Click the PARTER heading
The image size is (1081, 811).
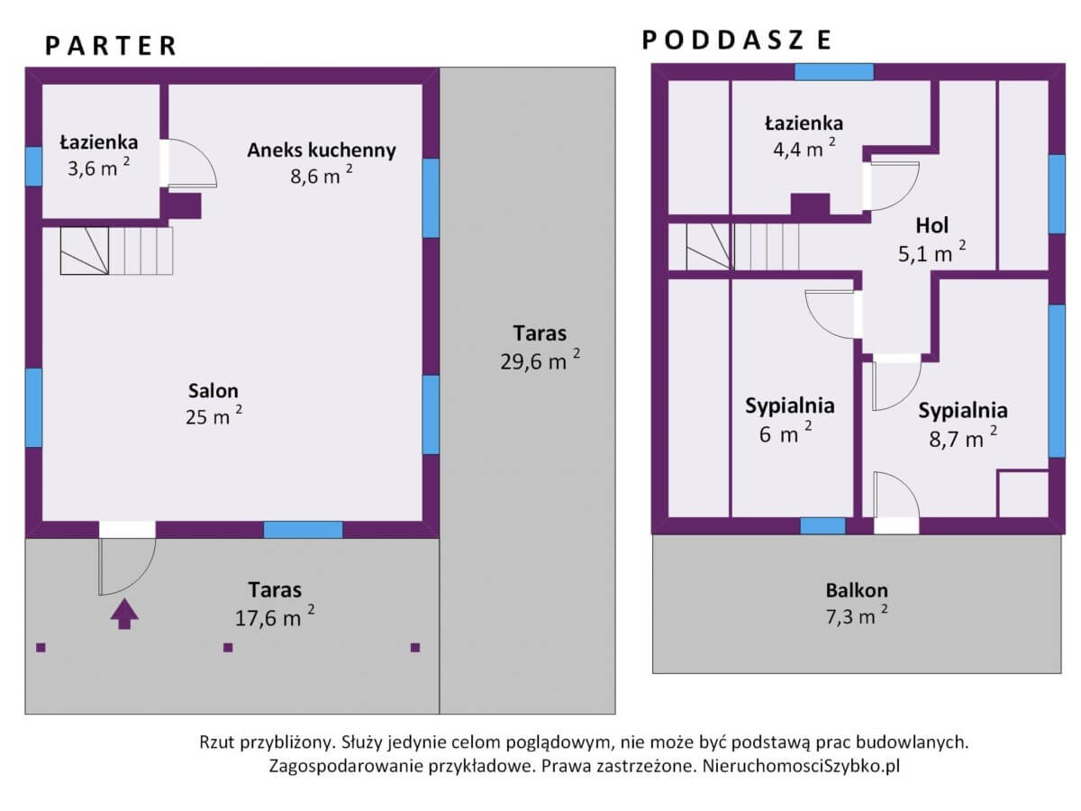click(x=111, y=46)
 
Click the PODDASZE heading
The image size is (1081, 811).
click(x=737, y=40)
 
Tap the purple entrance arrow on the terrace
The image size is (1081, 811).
click(x=124, y=614)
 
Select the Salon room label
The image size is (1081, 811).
click(x=213, y=391)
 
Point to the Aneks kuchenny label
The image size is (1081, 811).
click(x=322, y=150)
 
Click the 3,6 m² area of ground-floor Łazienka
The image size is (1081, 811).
click(x=98, y=168)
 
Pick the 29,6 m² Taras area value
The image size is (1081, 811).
click(x=540, y=361)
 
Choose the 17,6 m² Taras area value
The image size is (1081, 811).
click(x=275, y=617)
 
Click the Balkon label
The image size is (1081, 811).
click(x=857, y=590)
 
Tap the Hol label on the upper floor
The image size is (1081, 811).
click(x=931, y=225)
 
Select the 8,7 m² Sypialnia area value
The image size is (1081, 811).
click(x=963, y=438)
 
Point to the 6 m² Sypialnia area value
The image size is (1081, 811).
click(x=786, y=433)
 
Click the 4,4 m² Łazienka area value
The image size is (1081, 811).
click(x=804, y=148)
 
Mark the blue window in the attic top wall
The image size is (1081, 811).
click(x=834, y=72)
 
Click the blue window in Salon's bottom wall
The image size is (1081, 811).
click(x=303, y=530)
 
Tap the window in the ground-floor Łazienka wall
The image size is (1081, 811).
click(x=33, y=167)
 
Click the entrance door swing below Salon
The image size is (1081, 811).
click(x=127, y=566)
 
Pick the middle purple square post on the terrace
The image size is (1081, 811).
click(x=228, y=648)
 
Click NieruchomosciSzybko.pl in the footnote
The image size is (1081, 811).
click(x=801, y=766)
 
